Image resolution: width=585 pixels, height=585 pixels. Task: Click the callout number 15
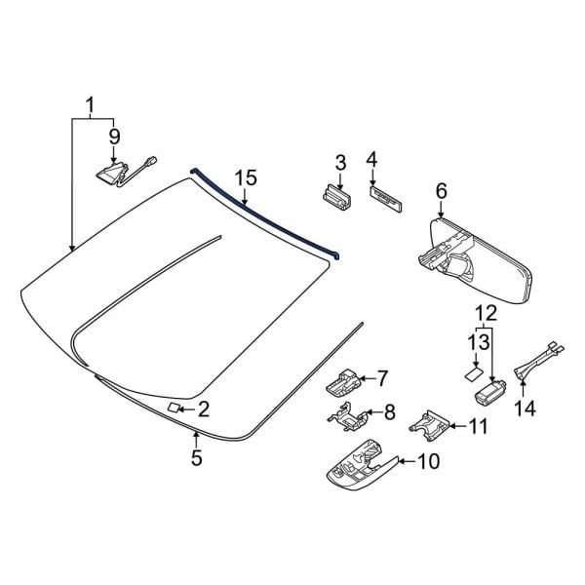tap(245, 177)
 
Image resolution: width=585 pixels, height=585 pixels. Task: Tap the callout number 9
tap(114, 135)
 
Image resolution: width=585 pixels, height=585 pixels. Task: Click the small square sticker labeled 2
tap(173, 407)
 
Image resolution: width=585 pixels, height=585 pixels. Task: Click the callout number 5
tap(197, 456)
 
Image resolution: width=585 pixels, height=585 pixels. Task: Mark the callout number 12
tap(485, 314)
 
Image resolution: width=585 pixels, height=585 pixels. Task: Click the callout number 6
tap(441, 193)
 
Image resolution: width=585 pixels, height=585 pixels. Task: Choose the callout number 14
tap(526, 409)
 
